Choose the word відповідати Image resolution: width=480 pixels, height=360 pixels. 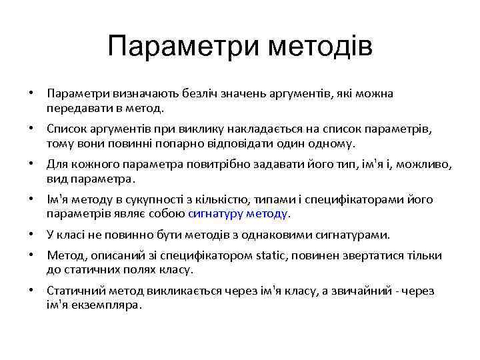tap(225, 143)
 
